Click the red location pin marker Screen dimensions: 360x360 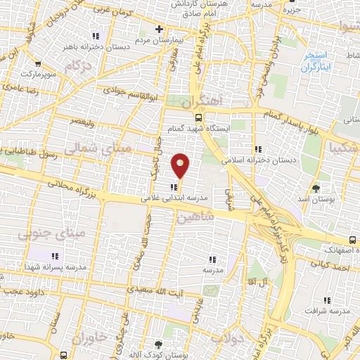pyautogui.click(x=181, y=165)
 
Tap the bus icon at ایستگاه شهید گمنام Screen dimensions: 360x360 pyautogui.click(x=199, y=118)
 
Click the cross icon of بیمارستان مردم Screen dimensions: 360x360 pyautogui.click(x=160, y=30)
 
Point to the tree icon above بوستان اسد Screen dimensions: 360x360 pyautogui.click(x=316, y=188)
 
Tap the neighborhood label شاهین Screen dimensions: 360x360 pyautogui.click(x=195, y=217)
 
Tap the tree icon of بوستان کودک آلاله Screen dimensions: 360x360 pyautogui.click(x=157, y=344)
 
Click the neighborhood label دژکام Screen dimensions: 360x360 pyautogui.click(x=78, y=66)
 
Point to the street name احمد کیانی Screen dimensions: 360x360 pyautogui.click(x=333, y=266)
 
